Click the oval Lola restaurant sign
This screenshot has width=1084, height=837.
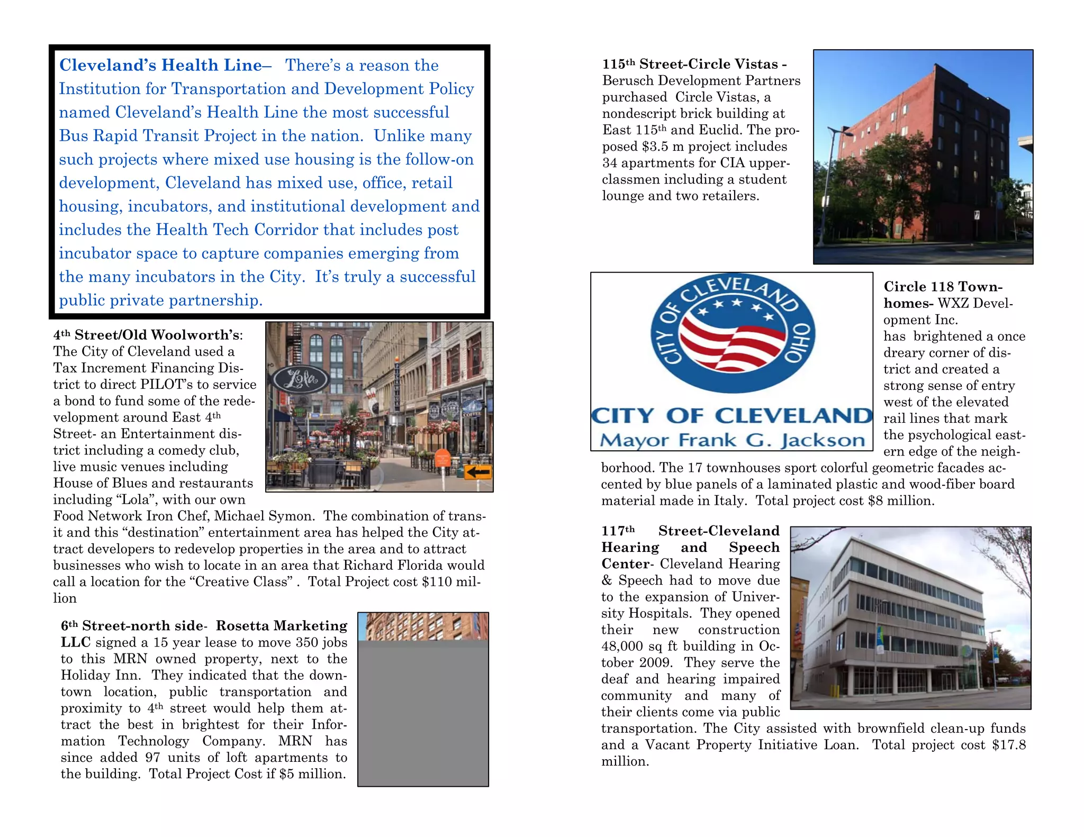pos(301,379)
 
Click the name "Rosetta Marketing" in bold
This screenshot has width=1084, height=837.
pos(282,625)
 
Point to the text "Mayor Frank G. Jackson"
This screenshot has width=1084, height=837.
pos(732,440)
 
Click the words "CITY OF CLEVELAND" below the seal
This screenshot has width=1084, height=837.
pos(731,416)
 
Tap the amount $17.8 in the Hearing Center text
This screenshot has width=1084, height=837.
pos(1009,745)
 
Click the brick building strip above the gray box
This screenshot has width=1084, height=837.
pos(423,626)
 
